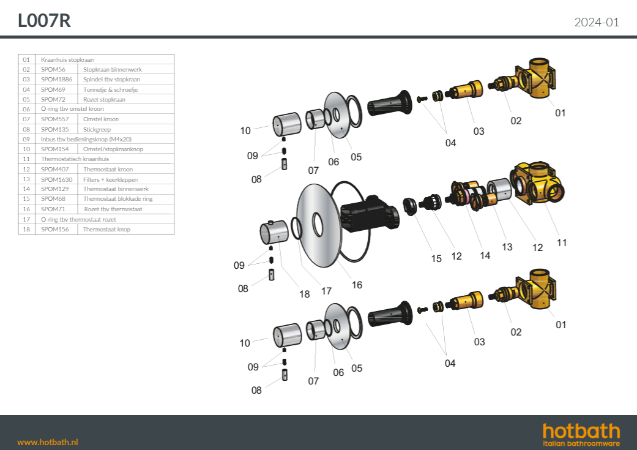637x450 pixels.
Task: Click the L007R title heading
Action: [44, 21]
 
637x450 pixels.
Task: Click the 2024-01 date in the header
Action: [597, 23]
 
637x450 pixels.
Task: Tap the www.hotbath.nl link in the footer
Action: [48, 442]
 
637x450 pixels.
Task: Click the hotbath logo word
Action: [581, 431]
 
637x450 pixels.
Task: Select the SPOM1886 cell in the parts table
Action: [56, 79]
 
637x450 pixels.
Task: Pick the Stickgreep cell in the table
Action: [97, 129]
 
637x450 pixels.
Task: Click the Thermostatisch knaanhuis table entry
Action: [75, 159]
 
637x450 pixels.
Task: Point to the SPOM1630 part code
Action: [56, 179]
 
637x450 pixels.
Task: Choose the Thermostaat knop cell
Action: [107, 229]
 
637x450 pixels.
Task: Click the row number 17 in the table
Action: [26, 220]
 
